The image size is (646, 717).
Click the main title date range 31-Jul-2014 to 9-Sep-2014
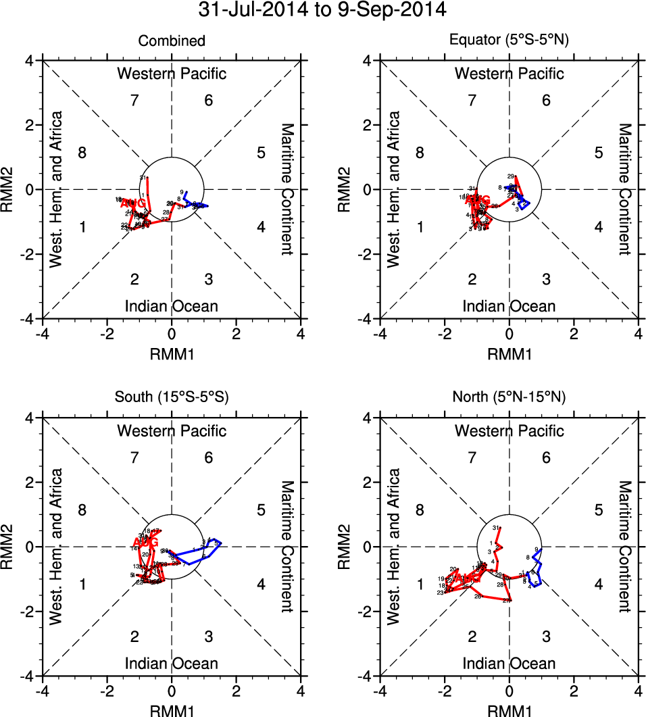[323, 10]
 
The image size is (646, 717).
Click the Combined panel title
[172, 41]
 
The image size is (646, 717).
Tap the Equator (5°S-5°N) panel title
[509, 41]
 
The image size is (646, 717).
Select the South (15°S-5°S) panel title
[172, 398]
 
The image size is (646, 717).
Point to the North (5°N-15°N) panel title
[509, 398]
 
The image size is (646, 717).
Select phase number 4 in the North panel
[598, 585]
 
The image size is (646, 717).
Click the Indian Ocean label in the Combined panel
[172, 306]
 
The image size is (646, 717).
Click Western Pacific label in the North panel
[509, 430]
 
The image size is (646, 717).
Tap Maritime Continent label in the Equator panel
[625, 189]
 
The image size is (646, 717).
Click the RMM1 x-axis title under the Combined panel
[172, 352]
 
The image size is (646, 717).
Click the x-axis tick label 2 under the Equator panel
[574, 333]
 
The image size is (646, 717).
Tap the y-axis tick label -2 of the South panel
[30, 612]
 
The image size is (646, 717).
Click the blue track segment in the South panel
[203, 555]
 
